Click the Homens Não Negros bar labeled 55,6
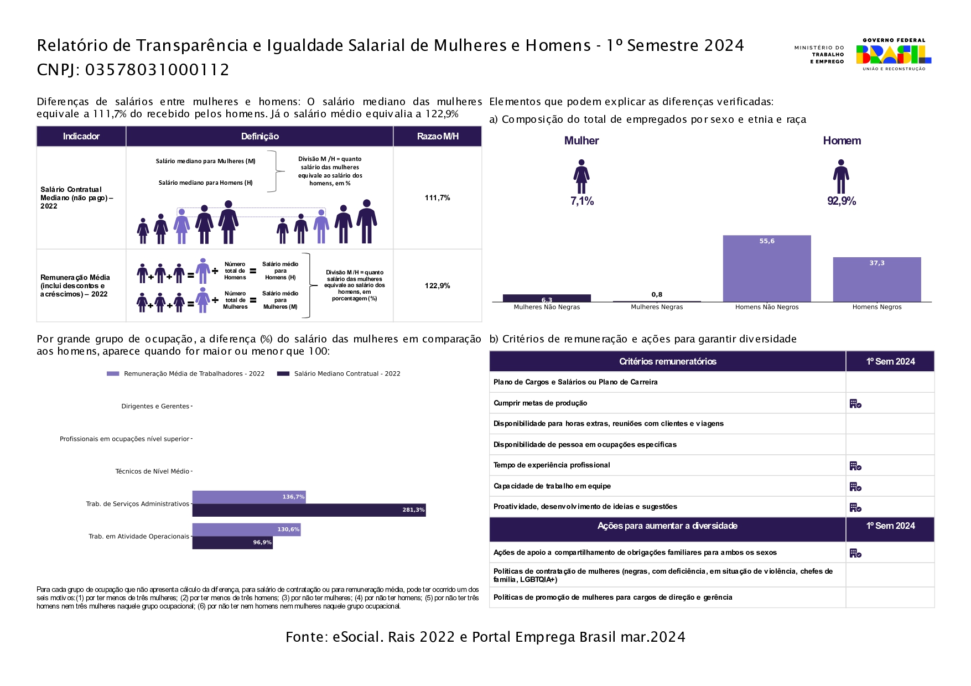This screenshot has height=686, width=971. [767, 268]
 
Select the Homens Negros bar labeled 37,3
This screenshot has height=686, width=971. [877, 279]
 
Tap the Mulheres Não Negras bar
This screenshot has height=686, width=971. [547, 298]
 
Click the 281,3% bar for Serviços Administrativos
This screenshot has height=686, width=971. [309, 510]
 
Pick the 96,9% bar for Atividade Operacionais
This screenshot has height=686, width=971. [232, 543]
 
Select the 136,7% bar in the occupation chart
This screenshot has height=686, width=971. [249, 497]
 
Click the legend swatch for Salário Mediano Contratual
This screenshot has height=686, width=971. [283, 374]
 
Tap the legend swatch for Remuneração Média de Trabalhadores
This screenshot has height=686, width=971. [113, 374]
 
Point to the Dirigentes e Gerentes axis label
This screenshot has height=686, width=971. [155, 406]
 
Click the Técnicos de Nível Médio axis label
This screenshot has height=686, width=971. [152, 471]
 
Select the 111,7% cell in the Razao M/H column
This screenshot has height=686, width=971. [438, 198]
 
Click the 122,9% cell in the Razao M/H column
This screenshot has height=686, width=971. [438, 285]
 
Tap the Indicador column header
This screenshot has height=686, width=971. [81, 136]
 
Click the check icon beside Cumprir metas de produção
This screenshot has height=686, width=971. [855, 404]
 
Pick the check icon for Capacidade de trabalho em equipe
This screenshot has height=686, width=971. [855, 487]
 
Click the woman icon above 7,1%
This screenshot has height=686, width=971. [581, 176]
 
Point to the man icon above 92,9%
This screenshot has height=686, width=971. [841, 176]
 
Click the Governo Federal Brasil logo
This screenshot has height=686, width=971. [894, 54]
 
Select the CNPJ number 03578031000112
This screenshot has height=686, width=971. [157, 70]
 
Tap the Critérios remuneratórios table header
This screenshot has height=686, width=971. [668, 361]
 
